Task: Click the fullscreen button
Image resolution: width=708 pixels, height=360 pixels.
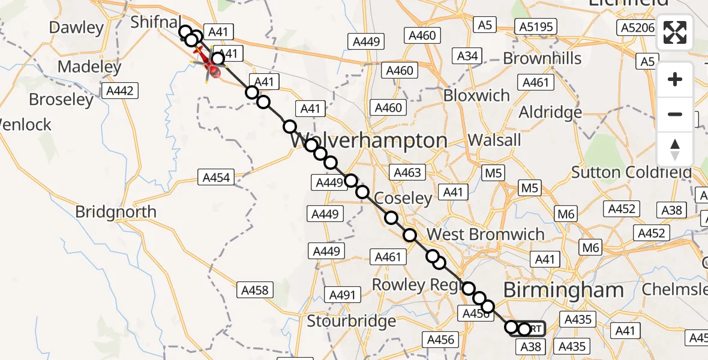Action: [675, 32]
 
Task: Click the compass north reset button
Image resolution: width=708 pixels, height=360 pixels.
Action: [675, 149]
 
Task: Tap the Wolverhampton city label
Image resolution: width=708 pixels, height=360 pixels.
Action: [369, 141]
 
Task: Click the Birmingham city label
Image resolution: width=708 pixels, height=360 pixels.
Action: [563, 290]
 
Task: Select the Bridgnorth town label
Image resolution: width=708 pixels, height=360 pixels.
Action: [116, 212]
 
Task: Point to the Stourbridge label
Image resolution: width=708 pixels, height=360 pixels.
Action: [352, 321]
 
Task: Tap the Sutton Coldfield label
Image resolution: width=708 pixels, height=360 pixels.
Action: [631, 173]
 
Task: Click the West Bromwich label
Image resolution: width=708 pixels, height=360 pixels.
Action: [485, 235]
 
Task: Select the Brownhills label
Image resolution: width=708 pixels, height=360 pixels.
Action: [542, 58]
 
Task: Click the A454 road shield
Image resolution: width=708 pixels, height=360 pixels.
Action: [216, 178]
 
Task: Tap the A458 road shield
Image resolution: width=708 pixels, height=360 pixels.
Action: [256, 290]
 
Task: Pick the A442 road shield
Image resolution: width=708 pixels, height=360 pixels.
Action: [120, 91]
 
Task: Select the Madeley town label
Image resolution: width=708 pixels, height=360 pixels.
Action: [90, 67]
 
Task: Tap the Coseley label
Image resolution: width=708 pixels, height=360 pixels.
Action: [403, 198]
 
